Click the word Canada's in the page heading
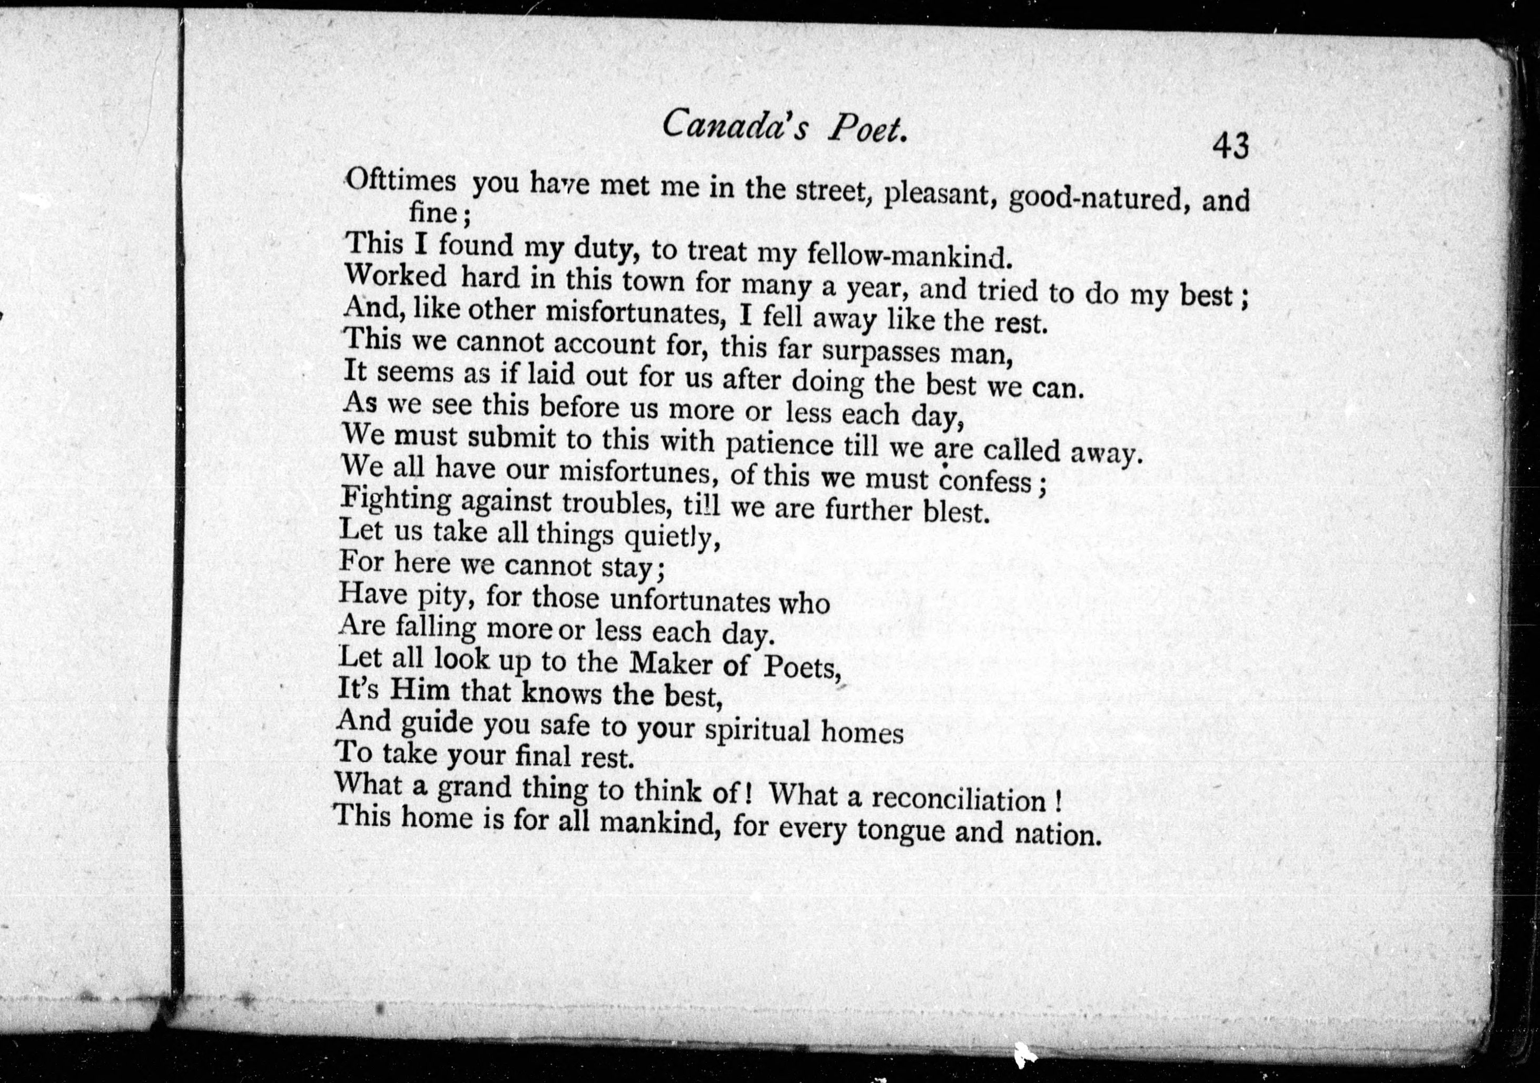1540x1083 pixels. coord(735,125)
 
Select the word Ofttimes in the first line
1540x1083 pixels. coord(401,181)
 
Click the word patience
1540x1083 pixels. coord(779,444)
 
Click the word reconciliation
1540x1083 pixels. coord(959,799)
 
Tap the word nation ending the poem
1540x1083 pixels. coord(1057,834)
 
